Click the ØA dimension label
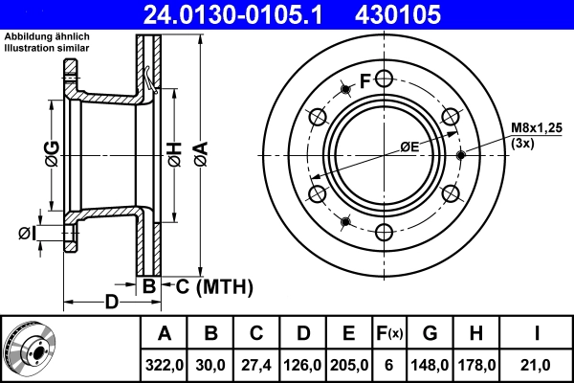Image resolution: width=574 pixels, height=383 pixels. click(x=199, y=152)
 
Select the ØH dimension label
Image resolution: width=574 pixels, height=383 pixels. click(x=174, y=152)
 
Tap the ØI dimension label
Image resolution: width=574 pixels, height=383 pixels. click(x=27, y=233)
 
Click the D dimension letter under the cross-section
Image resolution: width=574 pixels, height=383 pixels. click(x=111, y=303)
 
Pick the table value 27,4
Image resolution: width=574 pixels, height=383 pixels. click(x=256, y=364)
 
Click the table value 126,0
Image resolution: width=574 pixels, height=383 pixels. click(x=302, y=364)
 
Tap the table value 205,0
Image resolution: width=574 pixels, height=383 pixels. click(x=348, y=364)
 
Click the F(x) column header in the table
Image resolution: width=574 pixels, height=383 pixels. click(x=389, y=334)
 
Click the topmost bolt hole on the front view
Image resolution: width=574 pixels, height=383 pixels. click(x=384, y=79)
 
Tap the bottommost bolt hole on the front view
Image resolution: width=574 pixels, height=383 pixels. click(x=384, y=232)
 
